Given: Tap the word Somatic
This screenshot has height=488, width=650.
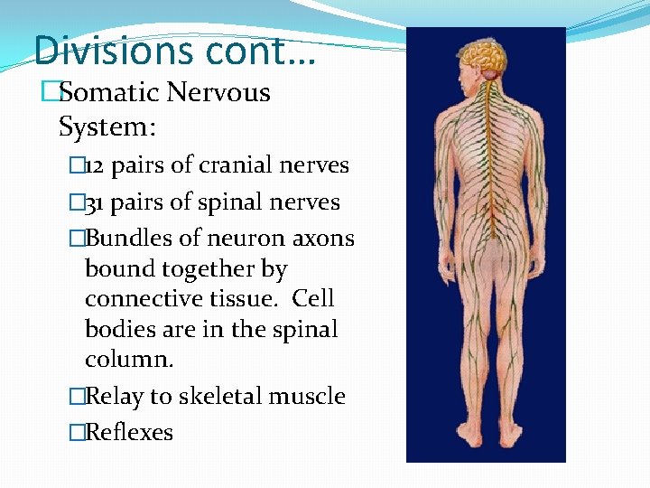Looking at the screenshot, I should coord(117,92).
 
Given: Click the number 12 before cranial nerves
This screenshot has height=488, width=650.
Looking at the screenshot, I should coord(96,165).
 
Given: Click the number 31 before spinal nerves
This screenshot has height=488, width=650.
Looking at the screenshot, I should coord(96,202).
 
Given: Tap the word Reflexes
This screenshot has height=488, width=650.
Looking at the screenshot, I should coord(129,432).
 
